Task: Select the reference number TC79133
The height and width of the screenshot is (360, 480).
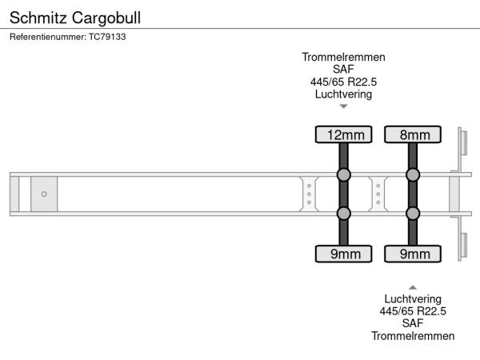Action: [107, 37]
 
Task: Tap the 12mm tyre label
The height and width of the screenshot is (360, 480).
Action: [344, 134]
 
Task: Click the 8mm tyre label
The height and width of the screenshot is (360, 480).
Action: [413, 134]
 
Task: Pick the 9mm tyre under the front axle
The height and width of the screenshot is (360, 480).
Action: [344, 254]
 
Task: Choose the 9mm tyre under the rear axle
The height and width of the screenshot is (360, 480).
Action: [413, 254]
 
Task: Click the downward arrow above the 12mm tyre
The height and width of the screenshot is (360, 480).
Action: [344, 106]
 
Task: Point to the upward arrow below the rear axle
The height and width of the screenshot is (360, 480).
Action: [413, 286]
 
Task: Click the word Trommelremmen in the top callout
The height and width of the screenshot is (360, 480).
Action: [344, 57]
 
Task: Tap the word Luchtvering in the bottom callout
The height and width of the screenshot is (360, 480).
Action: [413, 299]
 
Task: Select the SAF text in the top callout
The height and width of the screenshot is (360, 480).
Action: [344, 70]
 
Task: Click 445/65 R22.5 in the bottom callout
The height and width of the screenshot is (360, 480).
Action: [413, 311]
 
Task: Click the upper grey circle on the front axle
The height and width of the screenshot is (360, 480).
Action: [344, 174]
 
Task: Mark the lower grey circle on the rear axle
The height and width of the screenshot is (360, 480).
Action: [413, 213]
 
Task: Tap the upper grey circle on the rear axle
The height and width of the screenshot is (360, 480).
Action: [413, 174]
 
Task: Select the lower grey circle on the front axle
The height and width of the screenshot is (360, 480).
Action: [344, 213]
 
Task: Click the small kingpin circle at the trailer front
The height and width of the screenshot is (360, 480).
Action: [44, 194]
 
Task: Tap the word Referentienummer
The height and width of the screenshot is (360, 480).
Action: [47, 37]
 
